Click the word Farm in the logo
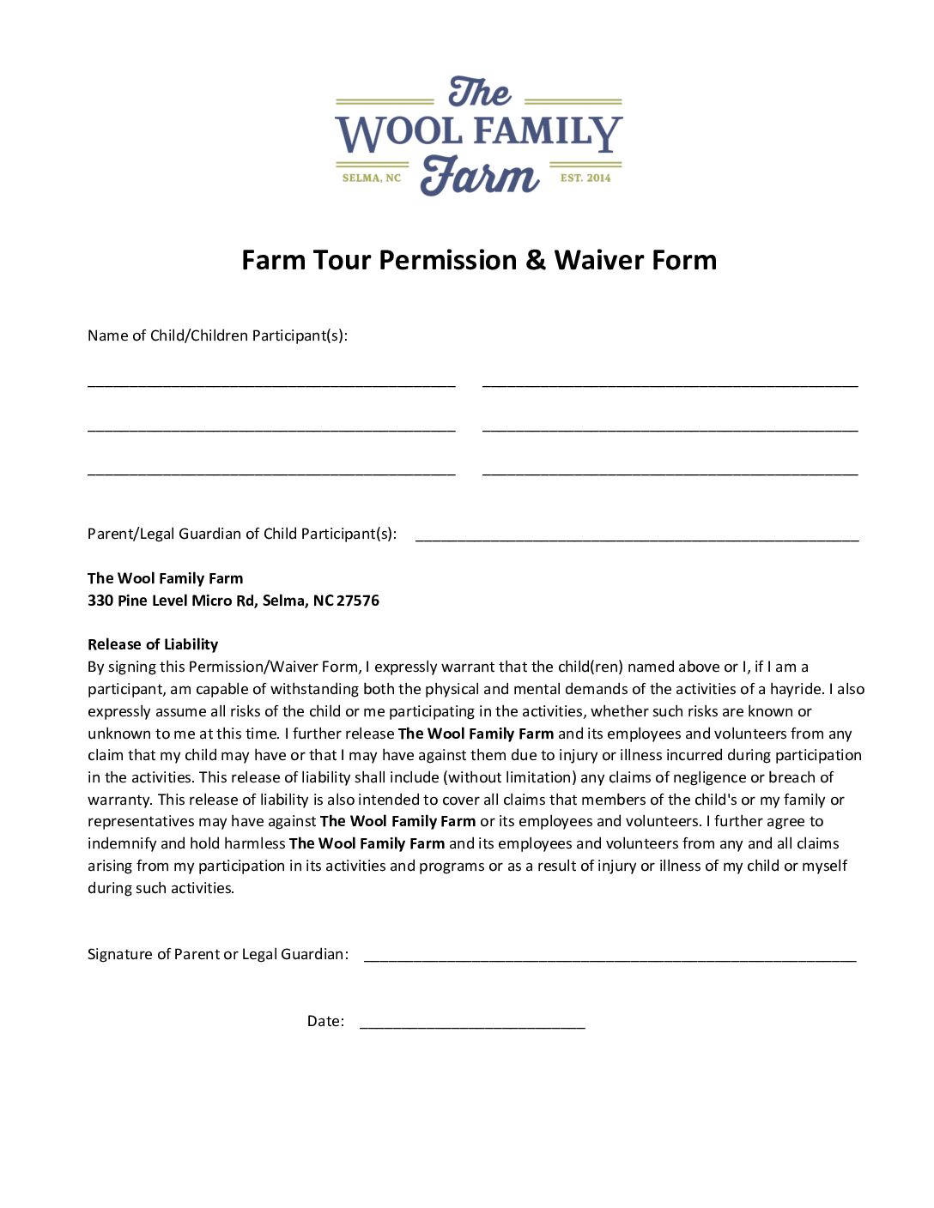point(479,177)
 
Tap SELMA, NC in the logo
point(371,178)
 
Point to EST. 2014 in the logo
point(585,178)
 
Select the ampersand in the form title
point(536,260)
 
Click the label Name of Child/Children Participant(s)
point(217,335)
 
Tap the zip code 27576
point(358,601)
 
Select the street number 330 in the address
point(100,601)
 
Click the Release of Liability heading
point(153,644)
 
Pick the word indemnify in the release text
point(121,843)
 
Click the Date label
point(325,1021)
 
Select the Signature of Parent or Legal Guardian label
point(218,954)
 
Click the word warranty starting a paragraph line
point(119,800)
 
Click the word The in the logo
point(479,93)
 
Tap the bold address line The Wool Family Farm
point(165,578)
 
